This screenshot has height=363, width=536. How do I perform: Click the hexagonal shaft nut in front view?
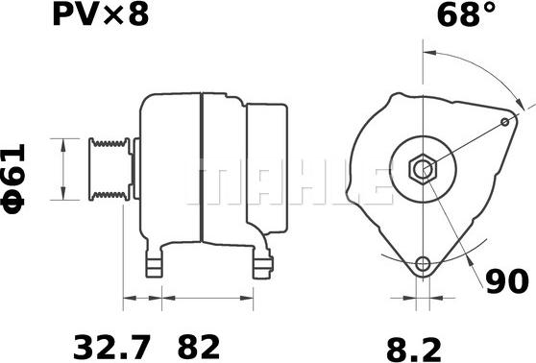click(422, 170)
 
